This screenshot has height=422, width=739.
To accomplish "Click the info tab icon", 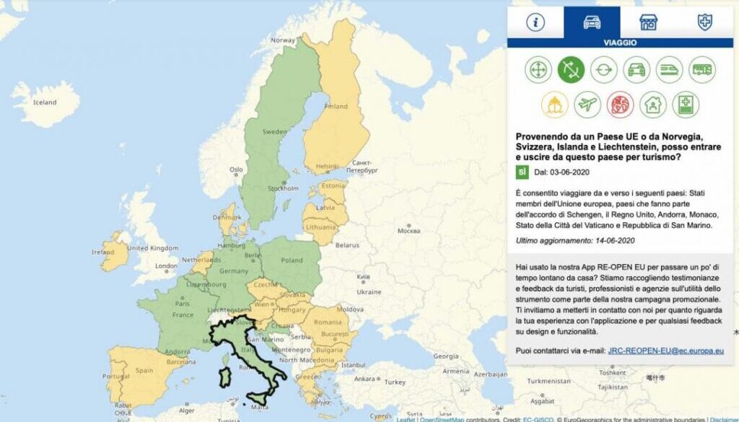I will (x=535, y=22).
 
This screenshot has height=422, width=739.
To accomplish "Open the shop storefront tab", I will (x=648, y=22).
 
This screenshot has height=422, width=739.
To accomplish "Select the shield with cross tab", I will (x=704, y=22).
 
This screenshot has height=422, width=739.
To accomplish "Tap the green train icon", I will (x=669, y=70).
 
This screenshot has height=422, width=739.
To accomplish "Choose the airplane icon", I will (x=587, y=105).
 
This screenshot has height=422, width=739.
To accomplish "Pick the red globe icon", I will (x=620, y=105).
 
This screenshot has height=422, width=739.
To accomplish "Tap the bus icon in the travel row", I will (x=702, y=70).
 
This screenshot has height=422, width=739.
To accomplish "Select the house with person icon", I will (x=652, y=105).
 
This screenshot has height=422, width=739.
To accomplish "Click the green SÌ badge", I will (x=522, y=172).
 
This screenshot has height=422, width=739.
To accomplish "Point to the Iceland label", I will (x=45, y=102).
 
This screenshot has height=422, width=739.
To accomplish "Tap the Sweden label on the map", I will (x=274, y=132).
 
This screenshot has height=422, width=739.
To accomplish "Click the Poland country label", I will (x=293, y=260).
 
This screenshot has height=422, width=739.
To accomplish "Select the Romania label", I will (x=328, y=322).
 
